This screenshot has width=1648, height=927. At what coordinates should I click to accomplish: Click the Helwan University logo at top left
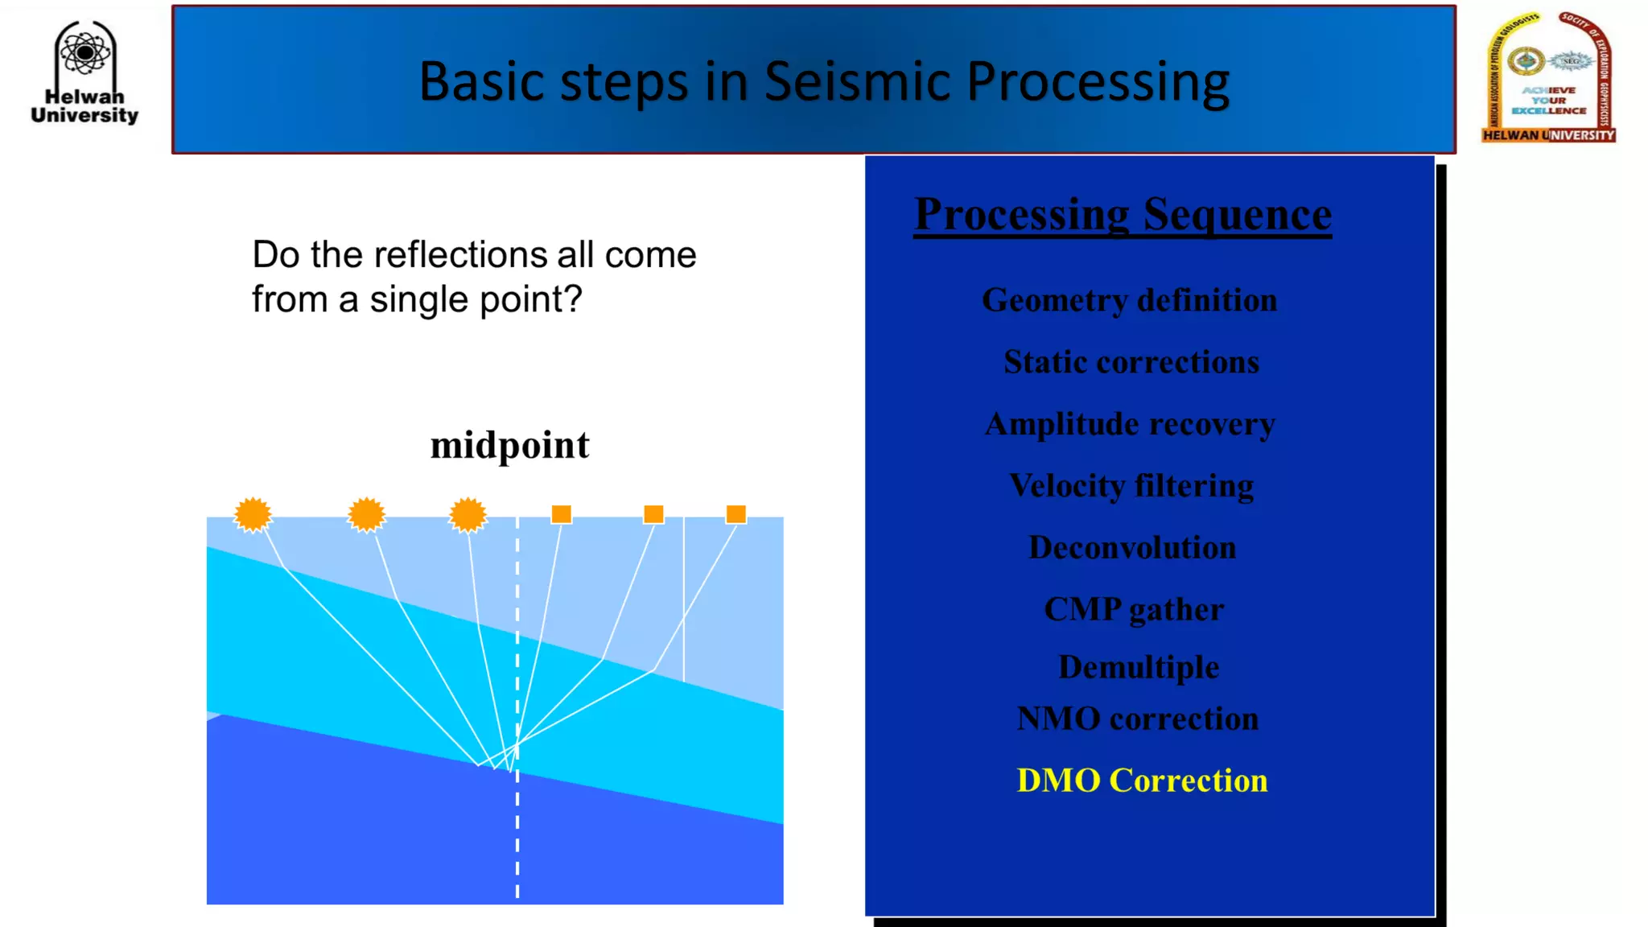click(84, 73)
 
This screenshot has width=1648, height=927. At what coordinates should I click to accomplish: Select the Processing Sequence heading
click(1123, 215)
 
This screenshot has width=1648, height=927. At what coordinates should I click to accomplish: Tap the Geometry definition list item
click(1129, 300)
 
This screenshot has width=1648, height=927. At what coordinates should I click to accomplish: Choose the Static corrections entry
click(1131, 362)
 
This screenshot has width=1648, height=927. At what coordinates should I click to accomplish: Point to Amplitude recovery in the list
click(1130, 424)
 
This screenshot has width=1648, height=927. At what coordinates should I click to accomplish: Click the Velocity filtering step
click(1131, 486)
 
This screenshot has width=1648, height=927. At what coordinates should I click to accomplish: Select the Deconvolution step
click(1131, 548)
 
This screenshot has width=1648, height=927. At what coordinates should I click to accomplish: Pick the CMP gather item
click(1133, 610)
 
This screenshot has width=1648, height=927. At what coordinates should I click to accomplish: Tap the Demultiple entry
click(1138, 667)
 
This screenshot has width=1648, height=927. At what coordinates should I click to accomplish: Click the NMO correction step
click(1137, 719)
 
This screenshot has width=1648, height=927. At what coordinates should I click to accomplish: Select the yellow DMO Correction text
click(1141, 781)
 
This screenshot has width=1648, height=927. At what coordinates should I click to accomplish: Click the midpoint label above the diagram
click(509, 446)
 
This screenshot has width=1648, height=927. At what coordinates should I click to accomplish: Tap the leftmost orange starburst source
click(253, 515)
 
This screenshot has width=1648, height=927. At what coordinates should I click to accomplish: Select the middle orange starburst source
click(366, 515)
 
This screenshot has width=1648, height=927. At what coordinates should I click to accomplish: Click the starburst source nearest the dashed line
click(468, 515)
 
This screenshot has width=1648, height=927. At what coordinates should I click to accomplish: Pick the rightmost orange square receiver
click(735, 514)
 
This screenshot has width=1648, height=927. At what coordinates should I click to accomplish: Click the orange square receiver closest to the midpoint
click(561, 514)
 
